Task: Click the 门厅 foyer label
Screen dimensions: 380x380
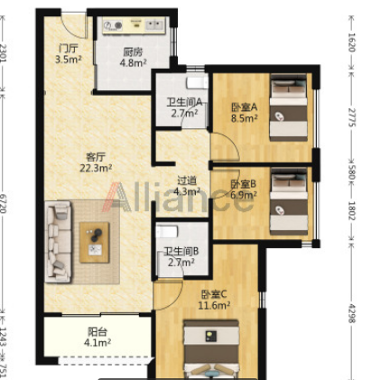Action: [x=69, y=48]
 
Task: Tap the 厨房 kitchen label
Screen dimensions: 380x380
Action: [x=133, y=52]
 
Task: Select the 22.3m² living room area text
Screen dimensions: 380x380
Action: [x=96, y=168]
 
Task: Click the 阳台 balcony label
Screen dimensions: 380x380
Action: [x=97, y=332]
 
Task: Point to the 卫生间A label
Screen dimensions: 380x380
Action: [x=184, y=102]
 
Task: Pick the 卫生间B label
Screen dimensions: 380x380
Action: [x=181, y=251]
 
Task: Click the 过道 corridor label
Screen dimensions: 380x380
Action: [x=187, y=181]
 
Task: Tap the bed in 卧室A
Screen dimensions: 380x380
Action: [x=288, y=107]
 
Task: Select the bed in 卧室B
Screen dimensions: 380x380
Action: [x=289, y=201]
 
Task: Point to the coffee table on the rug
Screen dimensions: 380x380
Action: [x=95, y=243]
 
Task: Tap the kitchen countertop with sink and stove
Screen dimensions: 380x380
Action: [x=134, y=25]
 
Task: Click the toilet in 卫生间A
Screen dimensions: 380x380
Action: [x=197, y=83]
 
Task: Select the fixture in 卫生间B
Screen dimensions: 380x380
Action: [x=167, y=232]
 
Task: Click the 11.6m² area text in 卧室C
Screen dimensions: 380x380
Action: [x=214, y=306]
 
